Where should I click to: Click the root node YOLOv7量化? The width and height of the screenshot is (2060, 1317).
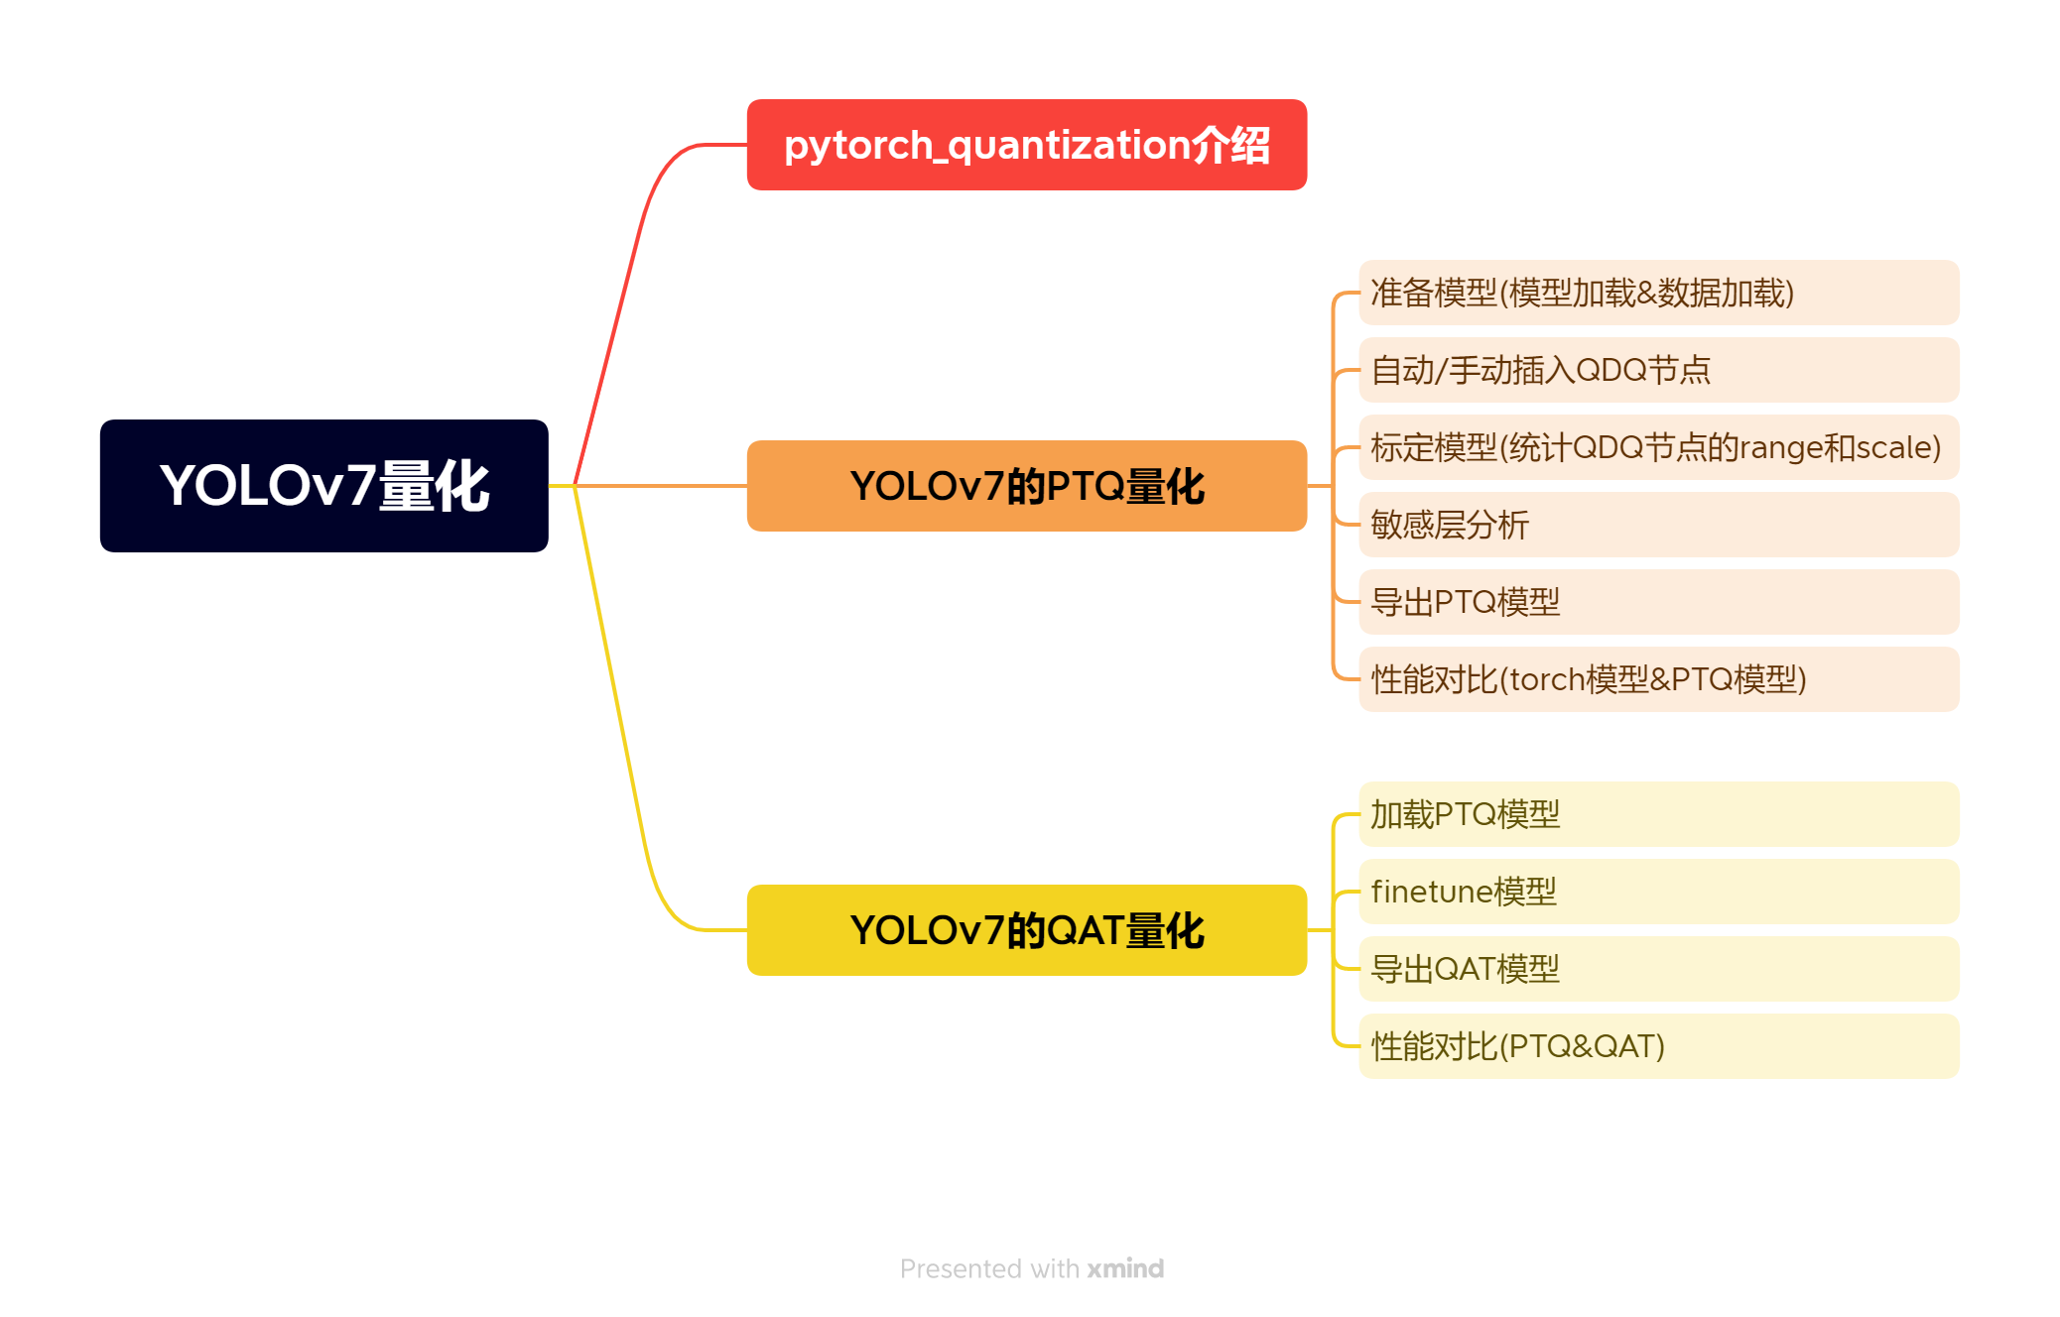(323, 486)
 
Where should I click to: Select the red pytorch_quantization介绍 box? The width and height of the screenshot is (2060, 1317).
(1026, 145)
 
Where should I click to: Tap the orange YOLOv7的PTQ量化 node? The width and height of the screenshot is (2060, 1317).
(1026, 486)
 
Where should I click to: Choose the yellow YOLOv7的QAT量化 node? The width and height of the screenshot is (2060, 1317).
(1026, 930)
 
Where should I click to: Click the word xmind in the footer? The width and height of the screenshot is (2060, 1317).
(1125, 1268)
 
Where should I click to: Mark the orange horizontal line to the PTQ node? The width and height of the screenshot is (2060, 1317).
(660, 486)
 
